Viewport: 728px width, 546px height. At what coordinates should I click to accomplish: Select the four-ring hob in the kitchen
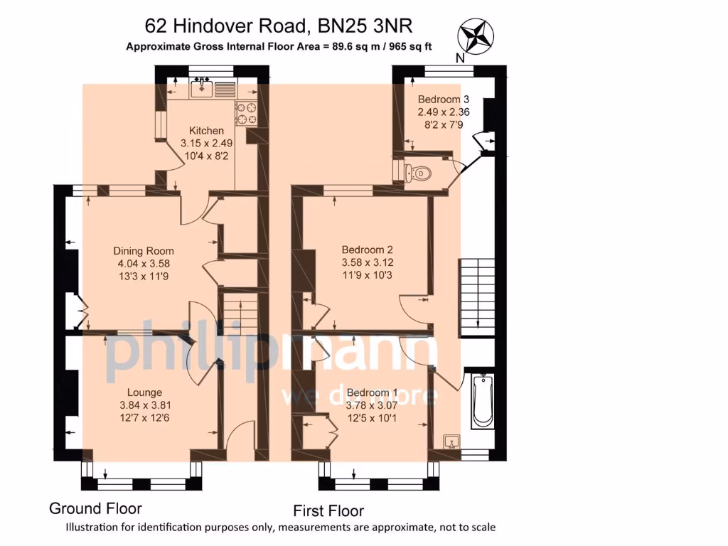pyautogui.click(x=247, y=113)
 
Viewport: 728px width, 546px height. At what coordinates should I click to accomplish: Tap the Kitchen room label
pyautogui.click(x=206, y=131)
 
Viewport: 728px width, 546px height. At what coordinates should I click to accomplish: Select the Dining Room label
pyautogui.click(x=144, y=251)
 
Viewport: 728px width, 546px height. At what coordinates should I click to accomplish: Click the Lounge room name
pyautogui.click(x=144, y=392)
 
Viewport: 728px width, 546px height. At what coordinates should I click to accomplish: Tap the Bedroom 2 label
pyautogui.click(x=367, y=250)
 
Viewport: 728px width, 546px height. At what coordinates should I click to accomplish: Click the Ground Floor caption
pyautogui.click(x=95, y=508)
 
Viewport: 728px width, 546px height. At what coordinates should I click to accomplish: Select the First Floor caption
pyautogui.click(x=328, y=510)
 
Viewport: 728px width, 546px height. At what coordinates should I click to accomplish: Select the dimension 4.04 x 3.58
pyautogui.click(x=144, y=264)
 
